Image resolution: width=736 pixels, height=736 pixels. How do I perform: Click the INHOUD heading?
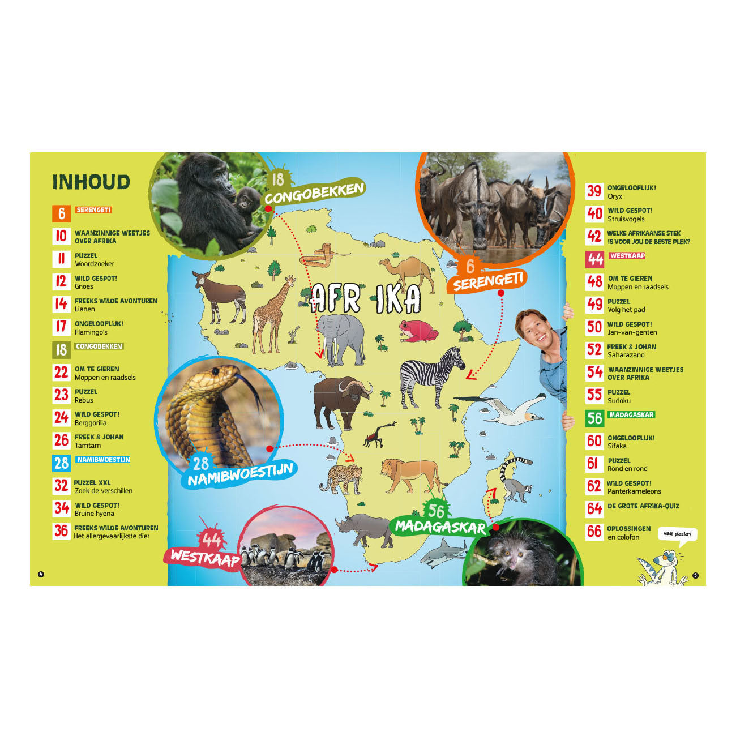click(91, 182)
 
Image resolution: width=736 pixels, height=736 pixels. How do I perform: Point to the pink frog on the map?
click(418, 331)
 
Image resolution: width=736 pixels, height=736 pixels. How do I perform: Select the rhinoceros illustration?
click(365, 530)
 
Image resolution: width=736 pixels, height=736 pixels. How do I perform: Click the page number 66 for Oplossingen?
click(594, 532)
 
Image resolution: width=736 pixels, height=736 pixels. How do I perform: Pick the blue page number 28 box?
click(61, 463)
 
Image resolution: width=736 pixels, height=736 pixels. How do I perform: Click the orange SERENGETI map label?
click(487, 279)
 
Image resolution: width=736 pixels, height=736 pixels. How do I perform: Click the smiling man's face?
click(536, 331)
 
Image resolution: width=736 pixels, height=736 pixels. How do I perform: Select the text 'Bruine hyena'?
click(95, 514)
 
